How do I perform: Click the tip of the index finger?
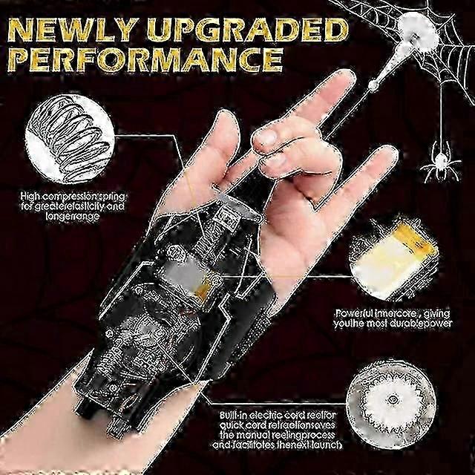[x=342, y=79]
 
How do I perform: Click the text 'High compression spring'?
[x=71, y=197]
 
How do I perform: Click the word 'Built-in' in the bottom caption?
[x=236, y=416]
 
